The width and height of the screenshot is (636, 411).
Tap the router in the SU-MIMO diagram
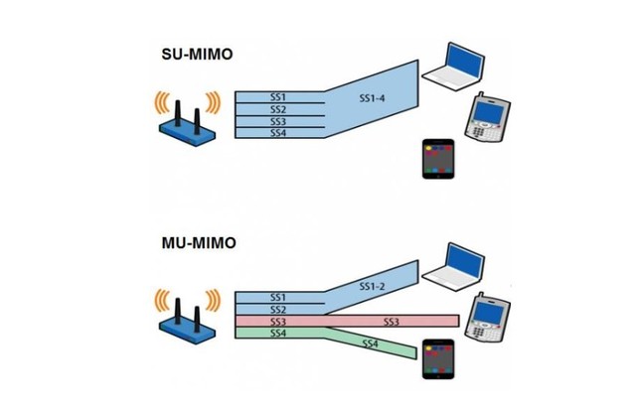188,120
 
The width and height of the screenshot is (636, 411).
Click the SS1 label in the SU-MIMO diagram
279,97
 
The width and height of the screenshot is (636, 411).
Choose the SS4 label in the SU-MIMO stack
279,132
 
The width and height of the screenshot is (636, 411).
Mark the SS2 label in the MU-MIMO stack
278,310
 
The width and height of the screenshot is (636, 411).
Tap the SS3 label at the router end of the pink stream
278,322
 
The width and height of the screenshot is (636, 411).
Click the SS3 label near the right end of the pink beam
393,322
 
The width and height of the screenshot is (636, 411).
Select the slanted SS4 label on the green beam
370,342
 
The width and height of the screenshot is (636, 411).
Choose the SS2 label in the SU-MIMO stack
279,109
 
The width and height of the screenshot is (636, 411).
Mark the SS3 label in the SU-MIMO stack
279,121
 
